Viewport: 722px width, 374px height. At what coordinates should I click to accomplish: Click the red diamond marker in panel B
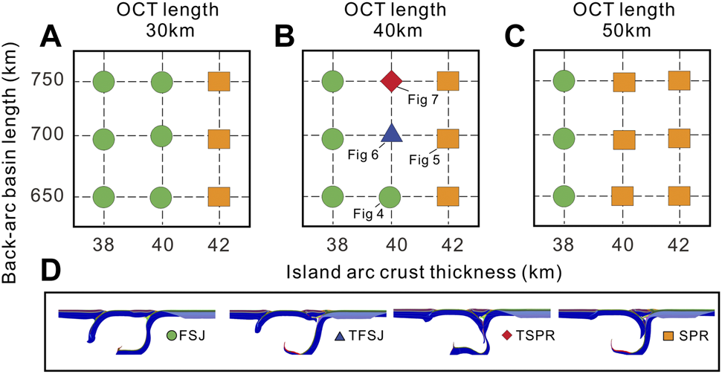(x=391, y=81)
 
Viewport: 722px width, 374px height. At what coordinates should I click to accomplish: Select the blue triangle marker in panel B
(x=391, y=134)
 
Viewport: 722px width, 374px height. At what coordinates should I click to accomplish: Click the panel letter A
(x=51, y=36)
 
